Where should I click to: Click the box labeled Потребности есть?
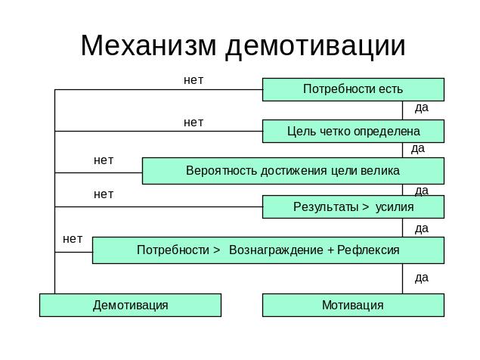coord(352,89)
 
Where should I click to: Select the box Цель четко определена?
coord(352,132)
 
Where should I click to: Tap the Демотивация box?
coord(130,306)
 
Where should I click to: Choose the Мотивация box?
coord(352,306)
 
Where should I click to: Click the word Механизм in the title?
coord(149,45)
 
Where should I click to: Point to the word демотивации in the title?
coord(315,45)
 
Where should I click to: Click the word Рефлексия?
coord(368,250)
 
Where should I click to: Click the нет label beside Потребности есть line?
coord(194,79)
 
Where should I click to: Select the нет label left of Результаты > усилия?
coord(104,194)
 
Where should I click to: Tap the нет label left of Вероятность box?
coord(104,160)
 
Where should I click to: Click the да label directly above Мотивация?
coord(422,278)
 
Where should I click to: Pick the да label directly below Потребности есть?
coord(422,107)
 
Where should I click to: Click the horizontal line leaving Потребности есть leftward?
coord(151,89)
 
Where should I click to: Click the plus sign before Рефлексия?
coord(331,250)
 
